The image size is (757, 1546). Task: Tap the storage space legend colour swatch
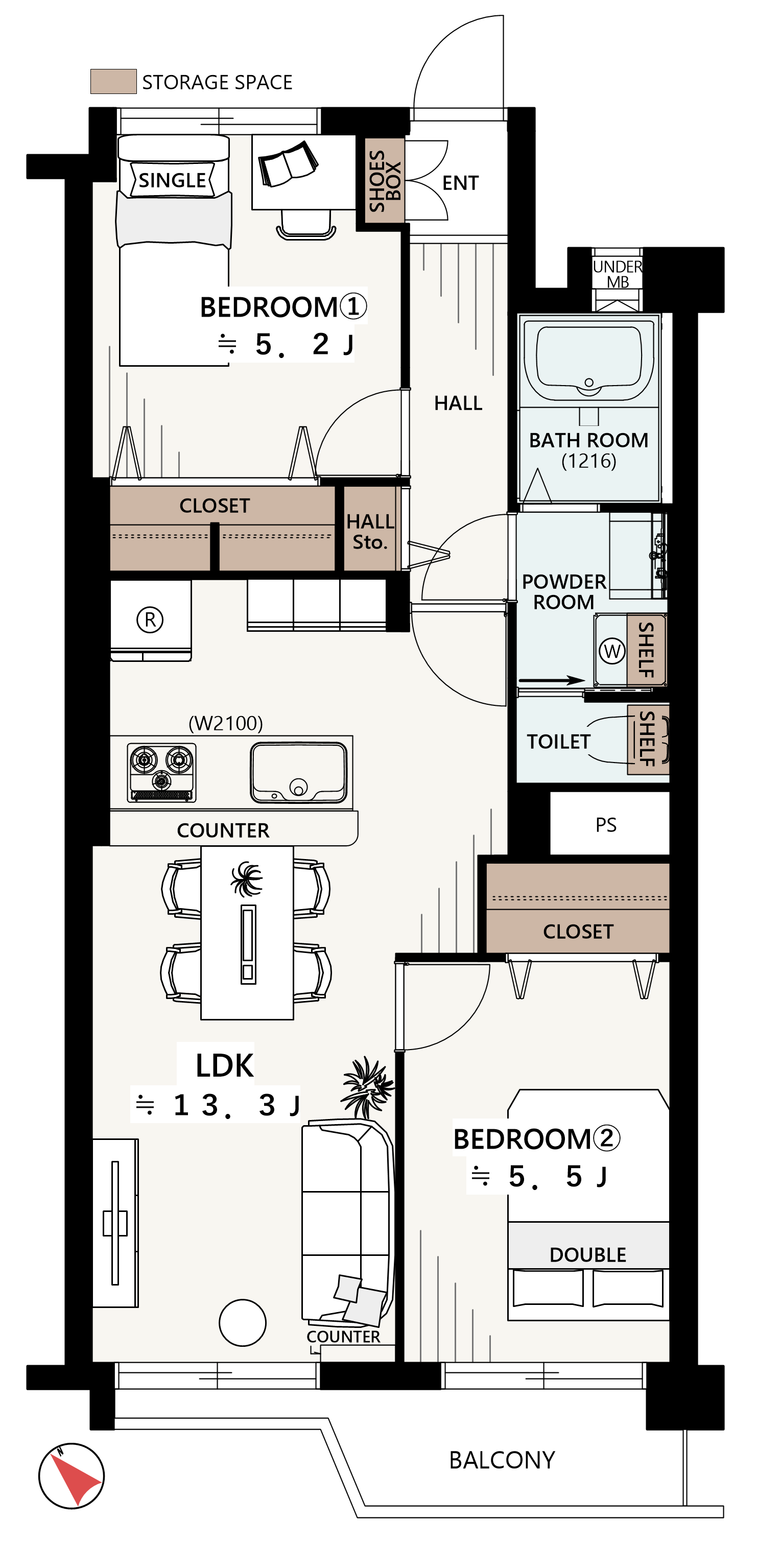(113, 82)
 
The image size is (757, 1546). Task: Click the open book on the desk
(288, 163)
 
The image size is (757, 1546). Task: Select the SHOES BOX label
(385, 181)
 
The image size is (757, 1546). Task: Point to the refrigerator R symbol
(150, 620)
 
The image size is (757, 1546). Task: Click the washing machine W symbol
(612, 651)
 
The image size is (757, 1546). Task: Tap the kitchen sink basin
(299, 772)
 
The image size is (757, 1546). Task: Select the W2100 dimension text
(226, 723)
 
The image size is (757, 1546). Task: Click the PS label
(606, 825)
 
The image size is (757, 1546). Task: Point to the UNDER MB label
(618, 274)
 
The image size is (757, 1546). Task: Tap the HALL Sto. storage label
(370, 532)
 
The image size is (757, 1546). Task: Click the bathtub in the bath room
(589, 360)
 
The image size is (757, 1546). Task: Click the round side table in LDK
(243, 1323)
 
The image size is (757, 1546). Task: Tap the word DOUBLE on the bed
(588, 1254)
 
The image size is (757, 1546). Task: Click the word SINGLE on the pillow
(172, 180)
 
